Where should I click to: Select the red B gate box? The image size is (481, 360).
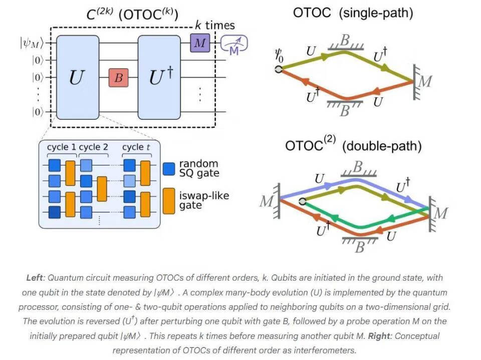(119, 78)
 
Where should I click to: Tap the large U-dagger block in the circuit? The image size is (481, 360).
(159, 77)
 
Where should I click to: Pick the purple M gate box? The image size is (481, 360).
(199, 44)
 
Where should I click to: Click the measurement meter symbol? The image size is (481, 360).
(234, 44)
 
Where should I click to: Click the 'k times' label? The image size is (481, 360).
(214, 25)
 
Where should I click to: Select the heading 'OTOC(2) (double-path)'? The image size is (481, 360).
(353, 145)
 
